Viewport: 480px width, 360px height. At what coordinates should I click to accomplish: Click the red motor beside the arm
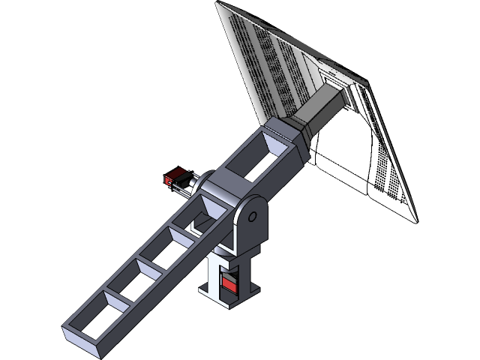coord(175,179)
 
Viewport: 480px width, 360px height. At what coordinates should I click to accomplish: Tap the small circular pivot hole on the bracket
coord(252,217)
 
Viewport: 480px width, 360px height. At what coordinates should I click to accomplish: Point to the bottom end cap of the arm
coord(84,342)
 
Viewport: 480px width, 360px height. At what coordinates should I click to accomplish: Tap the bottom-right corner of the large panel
coord(415,218)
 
